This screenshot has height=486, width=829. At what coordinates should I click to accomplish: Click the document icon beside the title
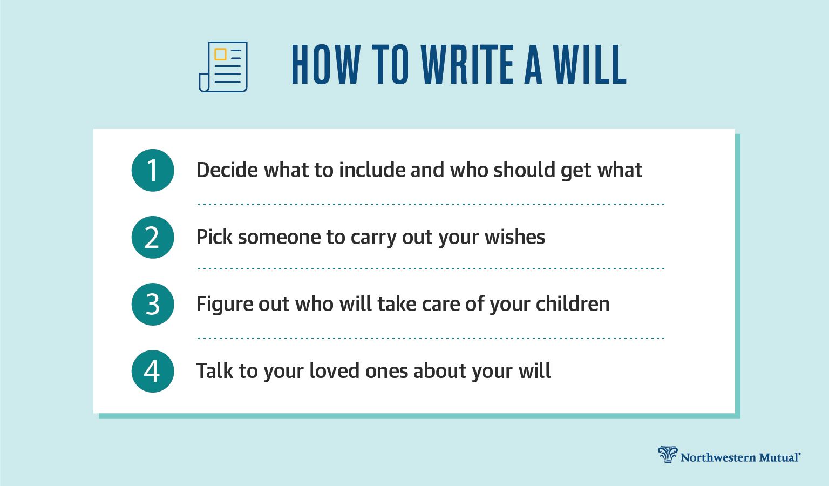coord(223,66)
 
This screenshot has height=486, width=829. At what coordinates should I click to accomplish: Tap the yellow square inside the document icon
coord(220,54)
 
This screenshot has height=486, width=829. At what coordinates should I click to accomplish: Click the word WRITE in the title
coord(467,64)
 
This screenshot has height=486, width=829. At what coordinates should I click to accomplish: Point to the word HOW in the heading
coord(325,64)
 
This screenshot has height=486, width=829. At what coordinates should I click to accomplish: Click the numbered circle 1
coord(153,171)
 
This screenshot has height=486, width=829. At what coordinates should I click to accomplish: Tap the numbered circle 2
coord(153,237)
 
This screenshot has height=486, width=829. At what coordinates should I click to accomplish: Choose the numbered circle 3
coord(153,304)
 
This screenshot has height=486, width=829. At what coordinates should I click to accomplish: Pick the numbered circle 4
coord(153,371)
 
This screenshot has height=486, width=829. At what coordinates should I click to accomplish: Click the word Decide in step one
coord(227,170)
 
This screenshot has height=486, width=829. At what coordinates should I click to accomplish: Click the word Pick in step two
coord(214,237)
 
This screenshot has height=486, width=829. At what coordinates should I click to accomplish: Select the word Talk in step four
coord(214,371)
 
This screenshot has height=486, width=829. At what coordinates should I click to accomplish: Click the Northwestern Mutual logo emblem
coord(668,455)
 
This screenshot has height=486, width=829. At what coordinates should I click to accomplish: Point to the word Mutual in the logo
coord(779,457)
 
